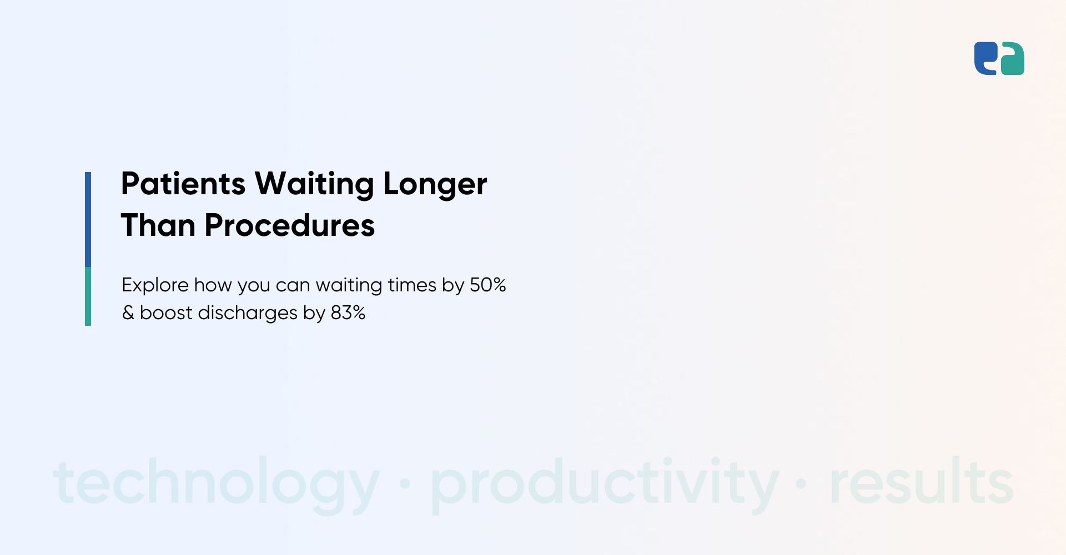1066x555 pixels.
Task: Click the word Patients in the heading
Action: tap(183, 184)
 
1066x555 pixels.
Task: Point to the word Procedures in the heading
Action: tap(290, 225)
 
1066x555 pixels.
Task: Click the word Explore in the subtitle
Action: tap(155, 285)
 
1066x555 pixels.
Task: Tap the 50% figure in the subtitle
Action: tap(488, 285)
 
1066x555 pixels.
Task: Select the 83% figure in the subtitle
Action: tap(348, 312)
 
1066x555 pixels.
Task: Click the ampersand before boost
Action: tap(128, 312)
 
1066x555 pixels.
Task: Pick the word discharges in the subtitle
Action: tap(248, 313)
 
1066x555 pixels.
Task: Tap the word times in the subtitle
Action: tap(412, 285)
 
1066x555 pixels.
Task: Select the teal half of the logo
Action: tap(1012, 60)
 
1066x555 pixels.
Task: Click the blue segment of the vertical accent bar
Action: tap(88, 219)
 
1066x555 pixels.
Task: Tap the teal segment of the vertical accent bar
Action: tap(88, 296)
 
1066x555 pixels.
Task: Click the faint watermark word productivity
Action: tap(605, 483)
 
